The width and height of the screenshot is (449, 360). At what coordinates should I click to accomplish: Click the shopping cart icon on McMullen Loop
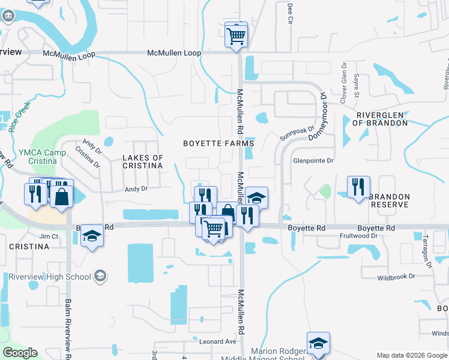(237, 35)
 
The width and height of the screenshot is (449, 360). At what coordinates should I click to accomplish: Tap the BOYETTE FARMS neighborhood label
(218, 144)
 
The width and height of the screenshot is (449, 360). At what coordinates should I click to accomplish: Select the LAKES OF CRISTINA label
(143, 162)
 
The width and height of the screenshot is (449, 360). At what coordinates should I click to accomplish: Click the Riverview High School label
(50, 277)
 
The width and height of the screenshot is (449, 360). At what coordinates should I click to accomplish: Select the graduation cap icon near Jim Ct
(92, 235)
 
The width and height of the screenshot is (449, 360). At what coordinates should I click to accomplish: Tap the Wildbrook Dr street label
(396, 277)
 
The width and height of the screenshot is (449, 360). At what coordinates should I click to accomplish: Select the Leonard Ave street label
(218, 341)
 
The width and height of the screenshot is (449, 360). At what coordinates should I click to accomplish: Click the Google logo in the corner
(20, 353)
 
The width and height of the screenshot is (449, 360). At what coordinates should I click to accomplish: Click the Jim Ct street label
(49, 236)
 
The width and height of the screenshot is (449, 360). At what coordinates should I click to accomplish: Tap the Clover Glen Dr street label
(344, 91)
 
